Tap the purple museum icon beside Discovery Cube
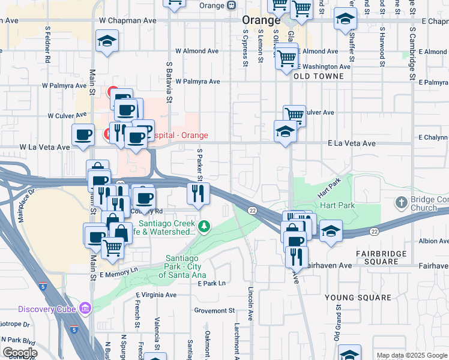(85, 308)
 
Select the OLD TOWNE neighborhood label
(319, 76)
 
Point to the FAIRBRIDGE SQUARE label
(385, 257)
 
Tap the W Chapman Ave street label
(128, 20)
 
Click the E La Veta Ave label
(351, 144)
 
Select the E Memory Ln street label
(119, 271)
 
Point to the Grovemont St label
(214, 311)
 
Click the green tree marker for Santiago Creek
(205, 226)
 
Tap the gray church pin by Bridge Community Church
(401, 203)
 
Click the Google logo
(20, 353)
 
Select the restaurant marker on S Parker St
(198, 193)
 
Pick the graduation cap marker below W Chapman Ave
(107, 41)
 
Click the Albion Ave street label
(433, 241)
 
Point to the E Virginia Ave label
(157, 295)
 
